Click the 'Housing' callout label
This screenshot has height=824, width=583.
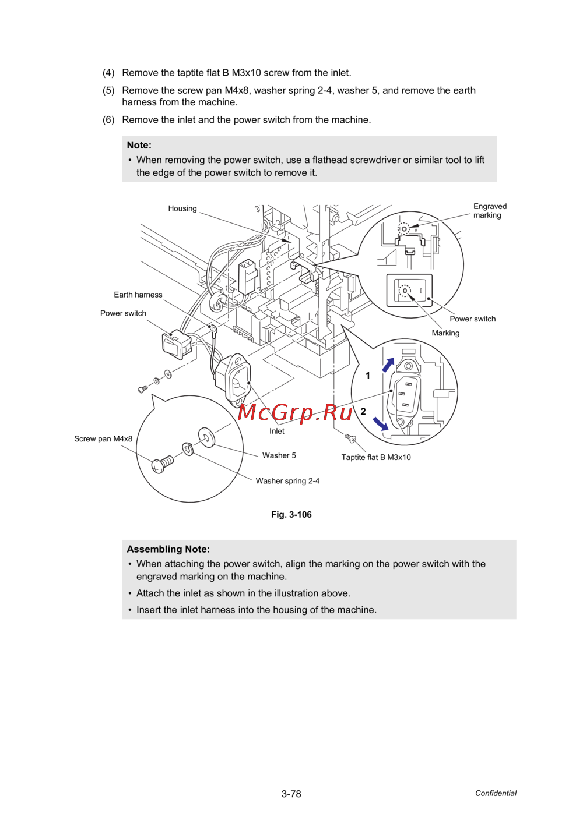(x=182, y=208)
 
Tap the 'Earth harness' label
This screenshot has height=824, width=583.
(x=138, y=295)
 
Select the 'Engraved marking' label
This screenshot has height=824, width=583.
(x=490, y=211)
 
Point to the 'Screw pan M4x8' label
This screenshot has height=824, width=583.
(x=103, y=439)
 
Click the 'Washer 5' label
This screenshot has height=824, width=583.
(x=279, y=455)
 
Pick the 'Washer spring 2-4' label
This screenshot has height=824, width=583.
(x=287, y=481)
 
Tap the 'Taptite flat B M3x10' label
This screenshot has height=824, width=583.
(x=376, y=457)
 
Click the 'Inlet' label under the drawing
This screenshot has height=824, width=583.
(x=277, y=432)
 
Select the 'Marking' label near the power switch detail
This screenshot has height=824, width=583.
(x=445, y=333)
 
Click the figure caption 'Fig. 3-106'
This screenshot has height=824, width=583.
(x=291, y=515)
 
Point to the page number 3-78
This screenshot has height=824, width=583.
(x=291, y=794)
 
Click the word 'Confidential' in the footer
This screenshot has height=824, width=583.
(x=496, y=793)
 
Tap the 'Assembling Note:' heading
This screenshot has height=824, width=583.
(x=168, y=549)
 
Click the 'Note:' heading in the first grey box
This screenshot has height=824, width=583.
(x=139, y=145)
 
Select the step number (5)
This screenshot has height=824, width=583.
(x=108, y=90)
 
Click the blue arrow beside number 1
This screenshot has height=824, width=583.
(x=388, y=365)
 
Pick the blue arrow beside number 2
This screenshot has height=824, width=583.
(x=381, y=423)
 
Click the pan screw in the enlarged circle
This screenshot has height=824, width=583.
(x=162, y=464)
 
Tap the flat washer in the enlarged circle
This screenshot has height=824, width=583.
(x=206, y=437)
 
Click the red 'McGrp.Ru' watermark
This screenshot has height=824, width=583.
(x=296, y=412)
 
